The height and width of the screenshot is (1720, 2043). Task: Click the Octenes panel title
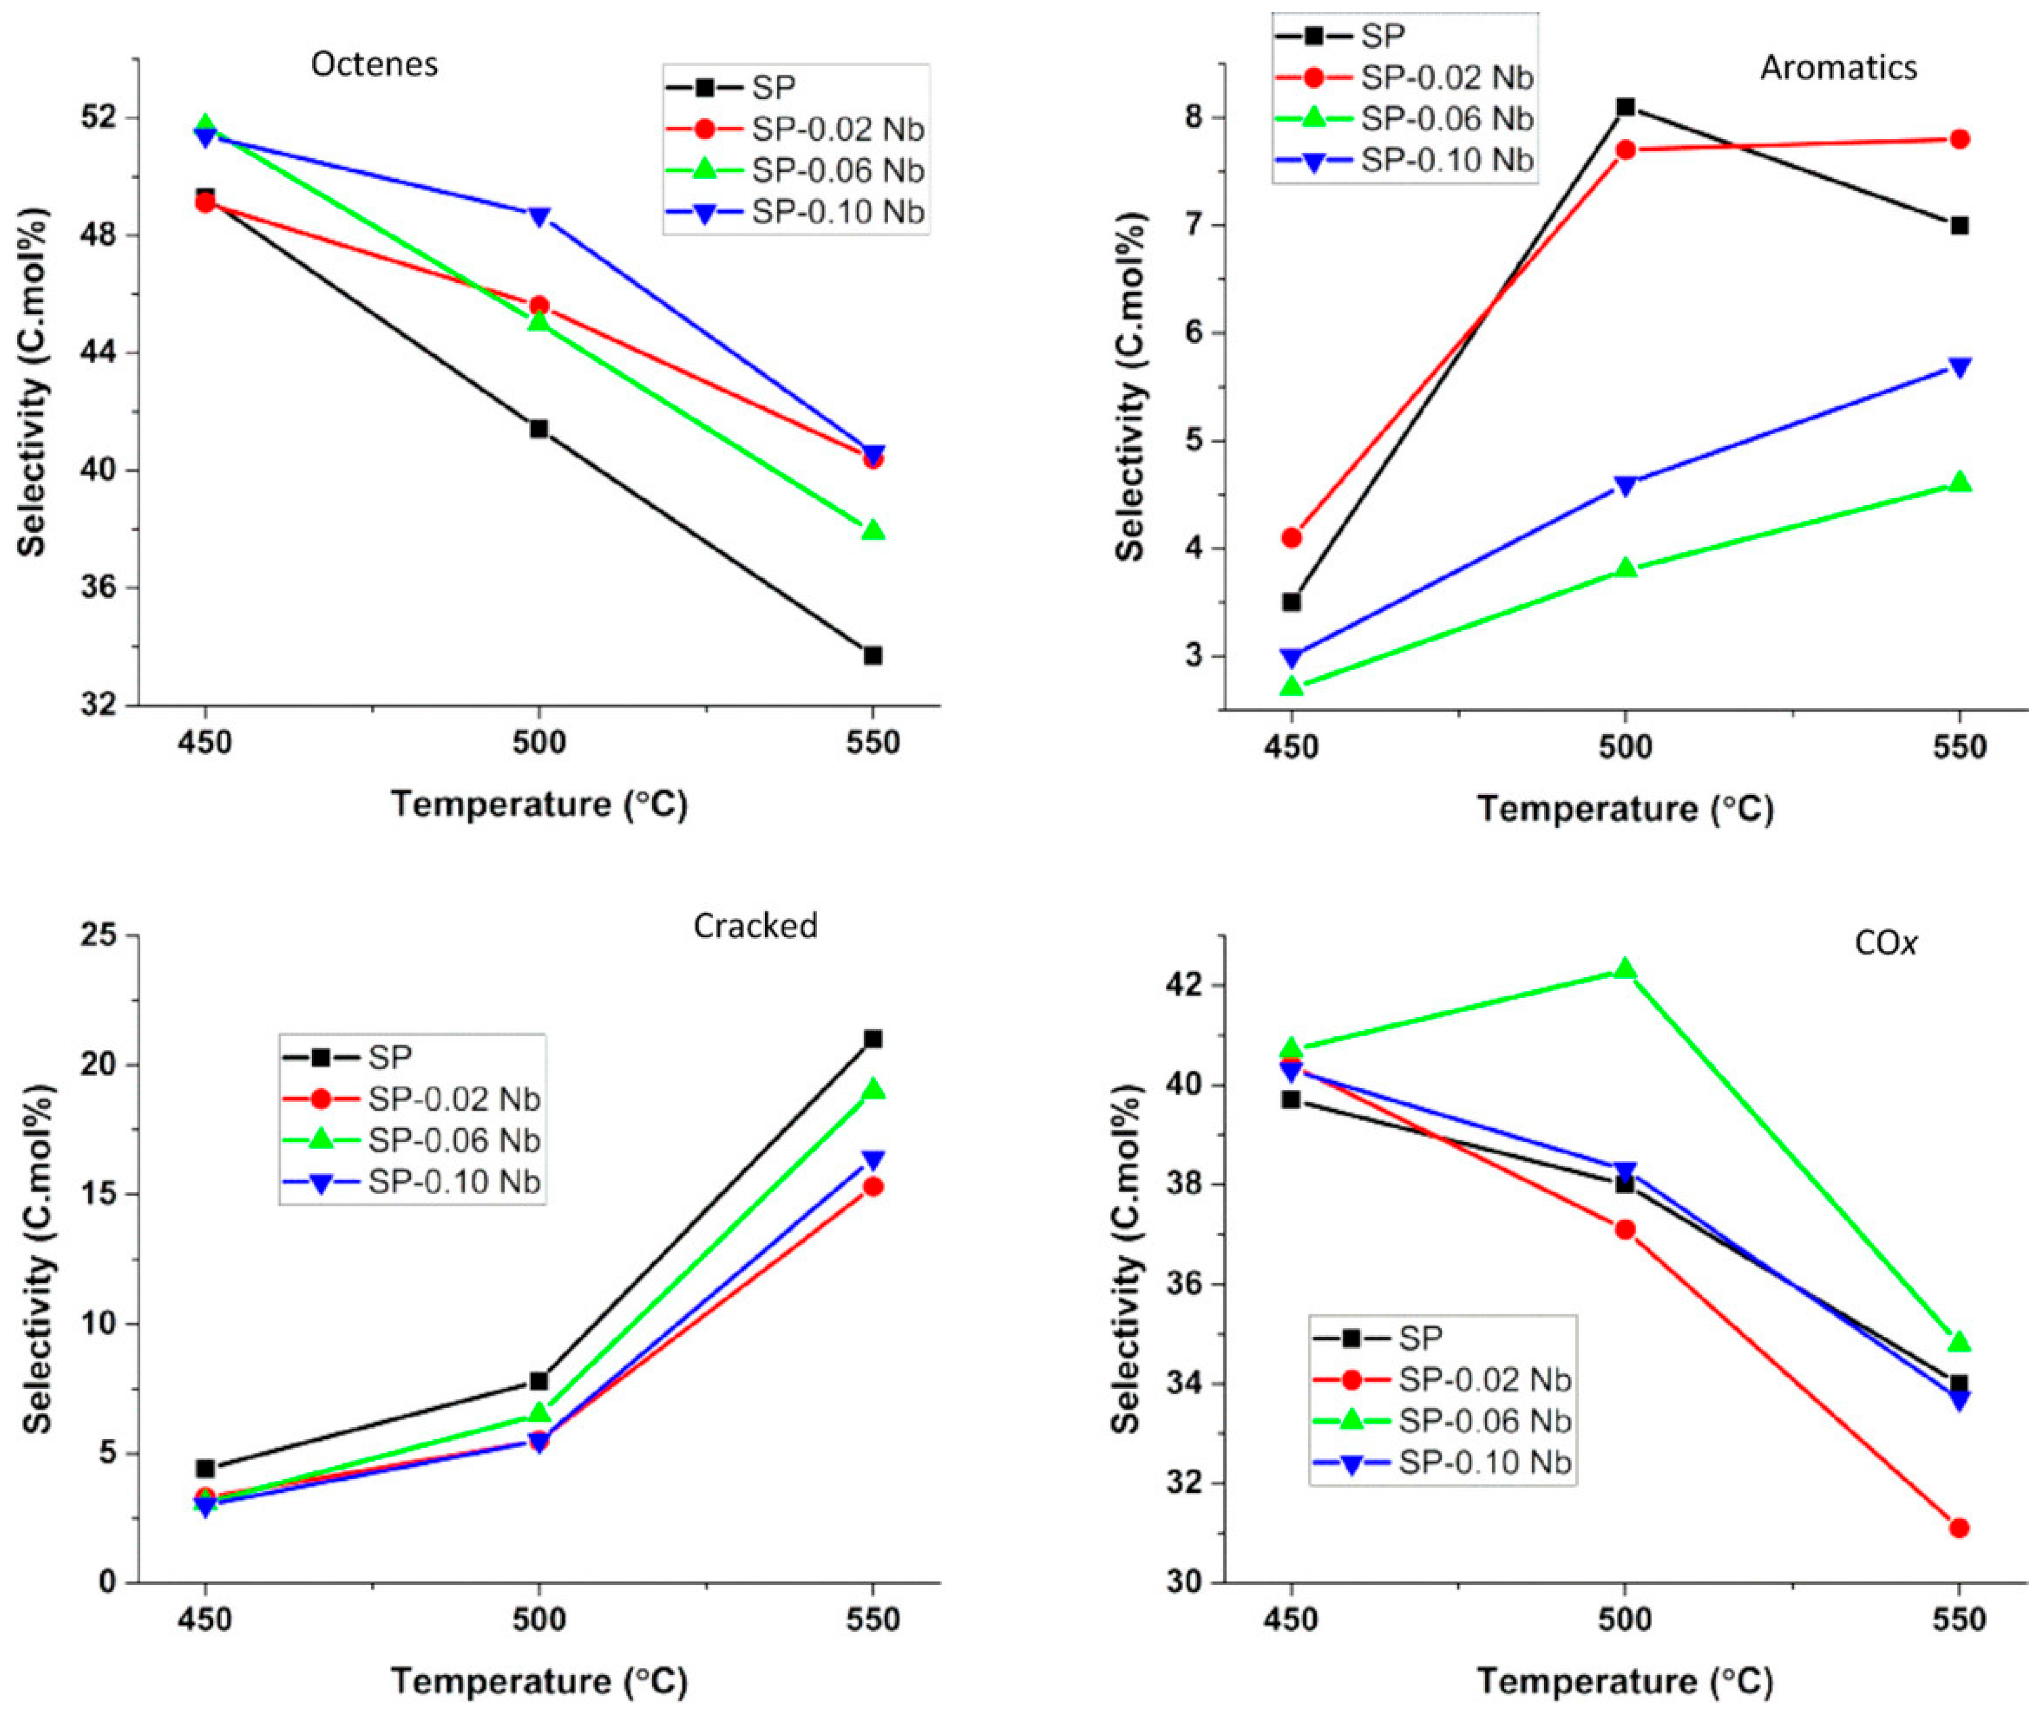click(375, 65)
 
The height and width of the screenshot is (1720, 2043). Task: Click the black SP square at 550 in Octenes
click(873, 655)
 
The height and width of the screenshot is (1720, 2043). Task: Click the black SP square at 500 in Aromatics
click(1625, 107)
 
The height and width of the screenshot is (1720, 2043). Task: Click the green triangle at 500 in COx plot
click(1625, 969)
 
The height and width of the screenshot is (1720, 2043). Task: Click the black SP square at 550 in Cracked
click(873, 1040)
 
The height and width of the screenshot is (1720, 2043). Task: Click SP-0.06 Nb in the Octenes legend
click(837, 171)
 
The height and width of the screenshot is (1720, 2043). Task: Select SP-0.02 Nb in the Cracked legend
click(453, 1099)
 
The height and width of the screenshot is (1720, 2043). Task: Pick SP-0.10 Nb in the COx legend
click(1484, 1463)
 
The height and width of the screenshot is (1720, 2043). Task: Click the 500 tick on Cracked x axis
click(538, 1620)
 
